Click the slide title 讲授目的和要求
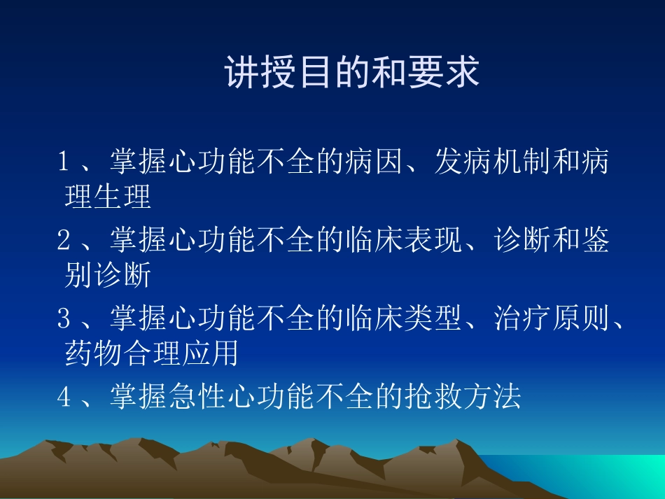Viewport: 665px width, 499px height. point(352,73)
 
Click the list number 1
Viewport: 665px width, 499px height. point(64,162)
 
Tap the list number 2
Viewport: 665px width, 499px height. point(64,241)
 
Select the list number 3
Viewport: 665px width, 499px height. point(64,319)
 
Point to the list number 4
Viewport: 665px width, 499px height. point(64,398)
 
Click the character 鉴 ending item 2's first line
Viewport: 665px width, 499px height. point(595,241)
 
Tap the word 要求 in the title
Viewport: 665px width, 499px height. point(448,73)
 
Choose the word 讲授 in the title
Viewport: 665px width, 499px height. point(257,73)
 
